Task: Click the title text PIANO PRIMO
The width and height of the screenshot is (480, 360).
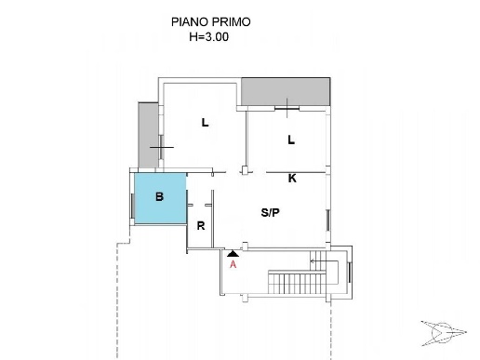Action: tap(211, 22)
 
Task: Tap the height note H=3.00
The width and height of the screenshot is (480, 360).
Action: tap(209, 37)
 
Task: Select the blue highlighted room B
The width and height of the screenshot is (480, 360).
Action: tap(160, 198)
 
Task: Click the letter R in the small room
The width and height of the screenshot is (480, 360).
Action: tap(201, 226)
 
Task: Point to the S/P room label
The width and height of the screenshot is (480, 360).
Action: tap(270, 213)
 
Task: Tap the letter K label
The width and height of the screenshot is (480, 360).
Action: tap(292, 179)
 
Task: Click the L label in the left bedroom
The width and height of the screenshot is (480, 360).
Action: tap(205, 123)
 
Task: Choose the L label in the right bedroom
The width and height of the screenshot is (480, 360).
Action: tap(291, 140)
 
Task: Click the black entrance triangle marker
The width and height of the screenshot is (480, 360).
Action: tap(233, 254)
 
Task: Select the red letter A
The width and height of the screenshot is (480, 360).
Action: tap(233, 264)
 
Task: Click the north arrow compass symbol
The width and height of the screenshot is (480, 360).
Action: tap(444, 333)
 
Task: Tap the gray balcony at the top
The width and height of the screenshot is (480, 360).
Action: tap(286, 92)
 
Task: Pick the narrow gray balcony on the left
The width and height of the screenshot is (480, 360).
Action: tap(148, 135)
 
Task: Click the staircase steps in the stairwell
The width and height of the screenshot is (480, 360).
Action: tap(297, 282)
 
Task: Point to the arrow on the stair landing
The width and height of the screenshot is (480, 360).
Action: tap(324, 261)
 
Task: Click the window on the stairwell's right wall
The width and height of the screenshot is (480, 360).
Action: tap(350, 273)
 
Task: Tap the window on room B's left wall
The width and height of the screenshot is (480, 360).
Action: tap(132, 206)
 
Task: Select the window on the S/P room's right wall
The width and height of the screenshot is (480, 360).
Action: tap(327, 220)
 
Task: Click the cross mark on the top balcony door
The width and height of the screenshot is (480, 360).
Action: tap(287, 108)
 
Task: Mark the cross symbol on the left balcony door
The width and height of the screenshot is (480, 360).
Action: tap(162, 147)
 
